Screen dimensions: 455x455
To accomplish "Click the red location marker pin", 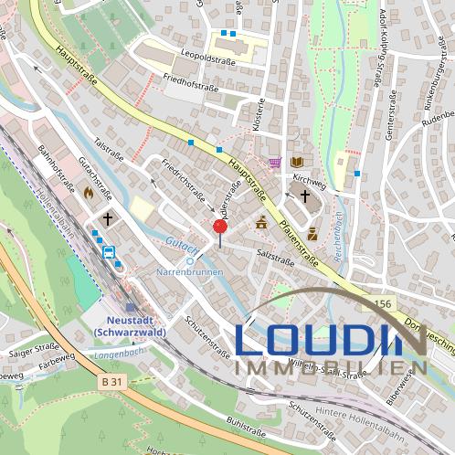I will [x=219, y=227].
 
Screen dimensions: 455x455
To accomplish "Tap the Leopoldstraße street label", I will [x=209, y=62].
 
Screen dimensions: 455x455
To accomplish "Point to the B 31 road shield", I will [x=111, y=381].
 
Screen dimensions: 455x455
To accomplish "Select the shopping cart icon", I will [x=274, y=163].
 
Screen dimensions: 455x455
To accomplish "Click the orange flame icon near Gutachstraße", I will [x=88, y=194].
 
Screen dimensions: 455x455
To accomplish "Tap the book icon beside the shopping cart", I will [x=296, y=163].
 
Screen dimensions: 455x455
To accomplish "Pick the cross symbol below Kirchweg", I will [x=304, y=196].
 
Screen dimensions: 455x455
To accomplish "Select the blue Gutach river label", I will [x=179, y=245].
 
